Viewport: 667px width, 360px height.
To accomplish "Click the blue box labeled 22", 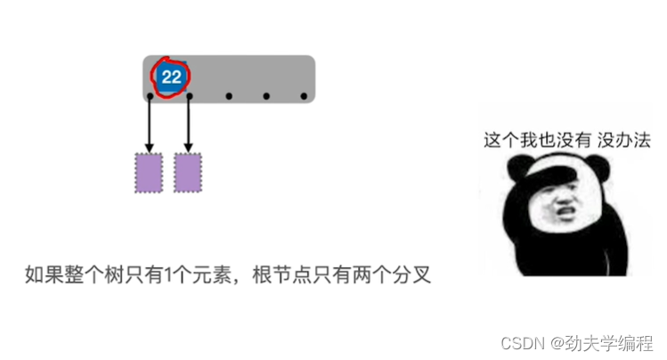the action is pyautogui.click(x=171, y=78).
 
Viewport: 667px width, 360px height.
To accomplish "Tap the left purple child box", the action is pyautogui.click(x=149, y=173).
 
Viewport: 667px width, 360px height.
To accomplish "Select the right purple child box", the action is pyautogui.click(x=188, y=173).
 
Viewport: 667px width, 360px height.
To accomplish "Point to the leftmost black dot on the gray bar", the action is pyautogui.click(x=150, y=96).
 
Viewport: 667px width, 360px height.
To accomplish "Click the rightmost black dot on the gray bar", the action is pyautogui.click(x=304, y=96).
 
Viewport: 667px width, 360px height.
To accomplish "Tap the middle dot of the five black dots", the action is pyautogui.click(x=229, y=96).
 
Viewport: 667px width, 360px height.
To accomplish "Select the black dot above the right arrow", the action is pyautogui.click(x=188, y=96).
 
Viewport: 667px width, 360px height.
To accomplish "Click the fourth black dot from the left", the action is pyautogui.click(x=266, y=96).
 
